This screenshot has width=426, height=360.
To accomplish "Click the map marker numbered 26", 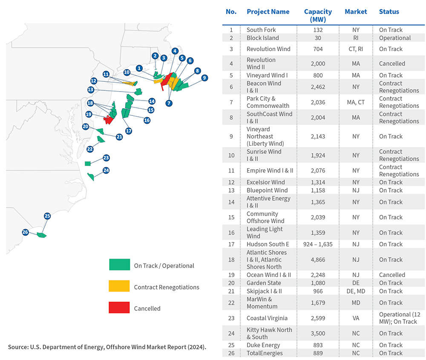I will [26, 232].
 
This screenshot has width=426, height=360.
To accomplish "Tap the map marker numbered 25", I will [47, 216].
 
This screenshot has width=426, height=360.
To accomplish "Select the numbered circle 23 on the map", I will [106, 158].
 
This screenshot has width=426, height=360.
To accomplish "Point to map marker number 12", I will [94, 81].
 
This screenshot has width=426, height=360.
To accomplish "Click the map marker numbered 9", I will [204, 78].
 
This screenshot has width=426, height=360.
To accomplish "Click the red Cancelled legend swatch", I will [119, 308].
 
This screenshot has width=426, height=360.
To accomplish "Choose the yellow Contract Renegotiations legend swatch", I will [119, 287].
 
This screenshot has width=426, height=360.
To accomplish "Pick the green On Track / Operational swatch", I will [119, 265].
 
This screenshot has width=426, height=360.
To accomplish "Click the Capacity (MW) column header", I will [318, 15].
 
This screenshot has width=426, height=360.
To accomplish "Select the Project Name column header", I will [268, 12].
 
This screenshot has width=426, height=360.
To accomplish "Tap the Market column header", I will [356, 12].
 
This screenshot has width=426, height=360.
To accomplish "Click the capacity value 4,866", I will [318, 259].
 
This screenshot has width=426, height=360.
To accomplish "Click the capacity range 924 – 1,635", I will [318, 244].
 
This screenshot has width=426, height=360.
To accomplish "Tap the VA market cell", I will [356, 318].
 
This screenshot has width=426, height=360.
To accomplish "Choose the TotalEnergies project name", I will [265, 353].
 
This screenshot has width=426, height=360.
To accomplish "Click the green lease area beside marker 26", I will [41, 235].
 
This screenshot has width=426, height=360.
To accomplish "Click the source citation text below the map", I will [107, 347].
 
